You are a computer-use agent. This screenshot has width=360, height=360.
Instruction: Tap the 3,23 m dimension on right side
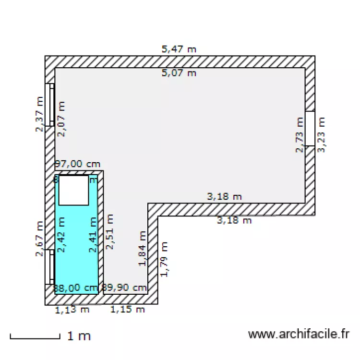[322, 135]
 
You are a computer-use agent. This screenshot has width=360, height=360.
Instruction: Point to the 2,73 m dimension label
[300, 135]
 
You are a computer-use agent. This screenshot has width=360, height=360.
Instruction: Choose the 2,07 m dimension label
[61, 119]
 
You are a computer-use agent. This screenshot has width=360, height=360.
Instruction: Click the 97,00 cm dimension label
[78, 164]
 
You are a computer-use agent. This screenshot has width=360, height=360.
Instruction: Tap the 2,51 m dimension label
[110, 232]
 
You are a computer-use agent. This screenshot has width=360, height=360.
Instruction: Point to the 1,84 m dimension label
[142, 249]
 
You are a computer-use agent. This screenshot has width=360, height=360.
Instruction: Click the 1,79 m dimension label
[164, 259]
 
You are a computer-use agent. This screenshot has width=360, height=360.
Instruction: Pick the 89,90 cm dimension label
[125, 288]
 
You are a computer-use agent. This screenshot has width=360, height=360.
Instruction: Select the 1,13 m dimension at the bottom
[72, 310]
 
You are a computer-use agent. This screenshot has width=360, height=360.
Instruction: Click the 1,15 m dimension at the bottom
[128, 310]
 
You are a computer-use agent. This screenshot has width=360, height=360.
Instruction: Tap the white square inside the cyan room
[73, 190]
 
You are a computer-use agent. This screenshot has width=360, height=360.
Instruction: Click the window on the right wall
[310, 129]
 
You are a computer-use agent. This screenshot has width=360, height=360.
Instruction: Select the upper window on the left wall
[50, 105]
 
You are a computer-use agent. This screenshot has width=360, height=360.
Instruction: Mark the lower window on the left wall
[50, 266]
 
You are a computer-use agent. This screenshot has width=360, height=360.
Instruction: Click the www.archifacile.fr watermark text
[299, 334]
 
